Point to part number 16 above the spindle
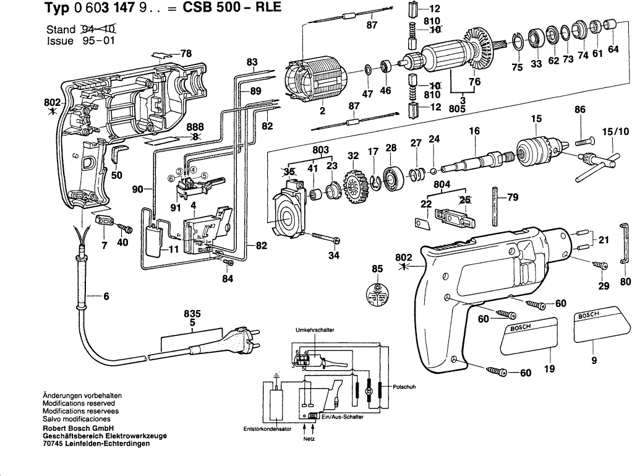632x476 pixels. pos(474,131)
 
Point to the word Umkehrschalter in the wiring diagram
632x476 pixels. pos(315,330)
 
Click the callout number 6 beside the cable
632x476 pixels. pos(106,296)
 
